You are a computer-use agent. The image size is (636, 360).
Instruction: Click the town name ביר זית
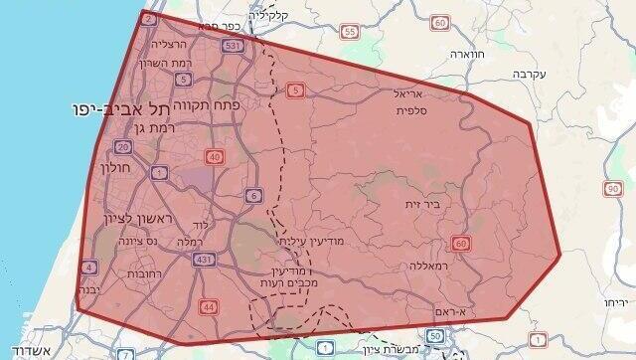coord(420,205)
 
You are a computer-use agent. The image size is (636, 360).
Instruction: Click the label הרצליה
coord(169,45)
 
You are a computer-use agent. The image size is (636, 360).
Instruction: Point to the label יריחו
coord(616,301)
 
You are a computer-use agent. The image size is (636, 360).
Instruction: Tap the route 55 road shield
coord(349,32)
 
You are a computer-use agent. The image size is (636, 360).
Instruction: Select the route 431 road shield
coord(204,260)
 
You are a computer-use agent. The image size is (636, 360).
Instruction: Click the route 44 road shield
coord(208,306)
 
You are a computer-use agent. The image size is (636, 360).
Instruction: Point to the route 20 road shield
coord(123,147)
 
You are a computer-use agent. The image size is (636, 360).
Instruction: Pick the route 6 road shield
coord(254,195)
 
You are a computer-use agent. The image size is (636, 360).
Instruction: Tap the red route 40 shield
coord(216,157)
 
